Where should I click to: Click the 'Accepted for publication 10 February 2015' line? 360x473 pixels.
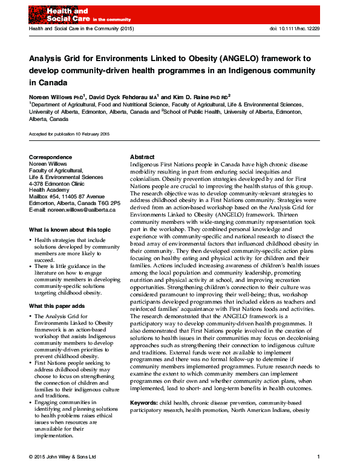click(x=69, y=133)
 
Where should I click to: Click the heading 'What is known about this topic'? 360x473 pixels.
click(x=70, y=230)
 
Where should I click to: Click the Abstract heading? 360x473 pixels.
click(x=142, y=157)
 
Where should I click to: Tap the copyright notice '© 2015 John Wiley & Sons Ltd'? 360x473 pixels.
click(x=62, y=456)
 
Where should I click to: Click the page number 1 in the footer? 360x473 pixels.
click(x=318, y=456)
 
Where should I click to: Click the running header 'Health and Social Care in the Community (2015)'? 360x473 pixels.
click(x=82, y=29)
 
